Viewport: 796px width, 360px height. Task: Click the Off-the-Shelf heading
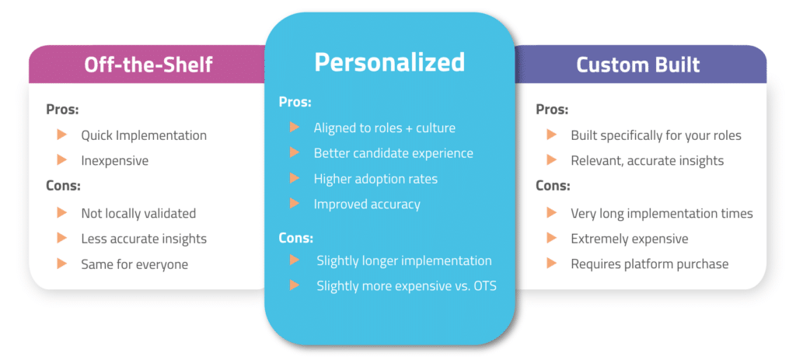coord(148,65)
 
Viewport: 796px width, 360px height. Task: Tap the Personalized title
coord(389,62)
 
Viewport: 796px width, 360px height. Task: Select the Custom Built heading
coord(638,65)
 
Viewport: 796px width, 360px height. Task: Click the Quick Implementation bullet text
coord(144,135)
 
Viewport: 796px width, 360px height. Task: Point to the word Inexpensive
coord(115,161)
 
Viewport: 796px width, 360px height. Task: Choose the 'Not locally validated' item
coord(138,213)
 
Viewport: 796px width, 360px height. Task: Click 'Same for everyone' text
coord(134,264)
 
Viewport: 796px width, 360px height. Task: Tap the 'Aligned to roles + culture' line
coord(384,128)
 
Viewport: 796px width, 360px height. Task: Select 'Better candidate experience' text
coord(393,153)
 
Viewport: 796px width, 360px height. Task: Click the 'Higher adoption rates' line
coord(375,179)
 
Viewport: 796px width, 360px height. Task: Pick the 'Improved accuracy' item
coord(367,204)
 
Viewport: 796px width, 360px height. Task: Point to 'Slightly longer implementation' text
coord(404,261)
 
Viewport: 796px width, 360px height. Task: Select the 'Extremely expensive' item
coord(630,239)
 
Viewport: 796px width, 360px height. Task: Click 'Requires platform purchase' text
coord(650,264)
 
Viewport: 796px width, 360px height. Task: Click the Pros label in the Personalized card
coord(295,102)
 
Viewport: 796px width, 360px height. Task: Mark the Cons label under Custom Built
coord(553,187)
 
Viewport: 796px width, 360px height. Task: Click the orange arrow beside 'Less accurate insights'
coord(62,237)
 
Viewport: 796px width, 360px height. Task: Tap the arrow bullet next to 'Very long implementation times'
coord(552,213)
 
